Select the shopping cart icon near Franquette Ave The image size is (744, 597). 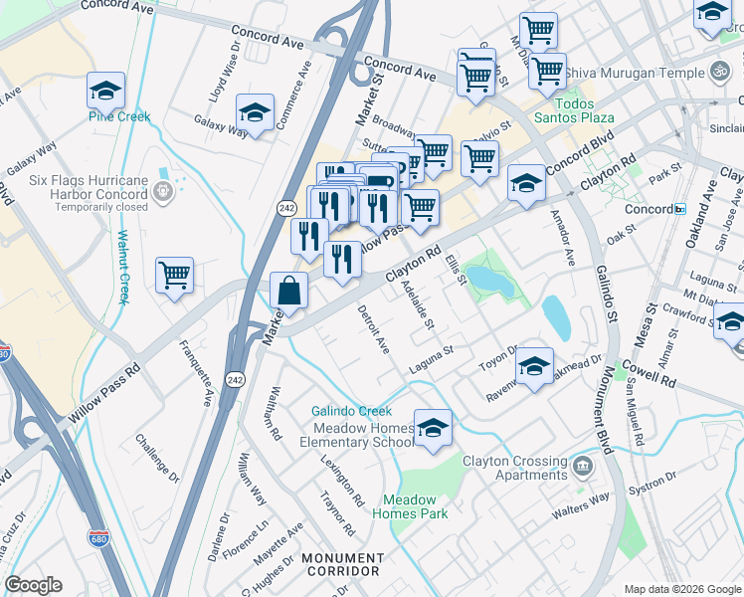point(174,275)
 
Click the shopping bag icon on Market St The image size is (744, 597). point(288,292)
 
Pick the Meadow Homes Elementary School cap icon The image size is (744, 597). point(433,428)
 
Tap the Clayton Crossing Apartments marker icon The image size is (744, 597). point(582,463)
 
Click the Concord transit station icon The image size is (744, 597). point(680,209)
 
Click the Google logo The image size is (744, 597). point(33,585)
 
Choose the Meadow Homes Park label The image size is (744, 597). point(410,506)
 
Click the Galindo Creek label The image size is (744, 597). point(351,410)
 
